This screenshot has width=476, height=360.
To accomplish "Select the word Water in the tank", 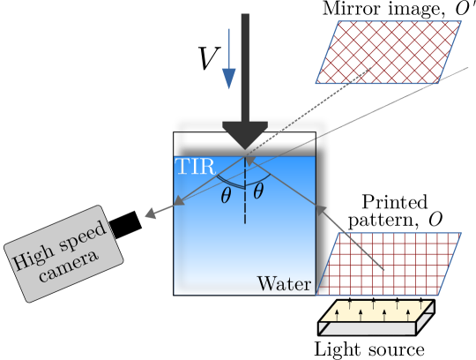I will [x=284, y=284].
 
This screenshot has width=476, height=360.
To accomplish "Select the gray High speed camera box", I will [x=63, y=254].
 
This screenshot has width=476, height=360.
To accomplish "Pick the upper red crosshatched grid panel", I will [x=388, y=52].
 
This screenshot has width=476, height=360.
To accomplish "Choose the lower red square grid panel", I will [x=388, y=264].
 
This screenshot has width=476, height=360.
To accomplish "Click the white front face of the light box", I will [x=367, y=328].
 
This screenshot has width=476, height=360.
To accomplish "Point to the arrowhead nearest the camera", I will [x=151, y=214].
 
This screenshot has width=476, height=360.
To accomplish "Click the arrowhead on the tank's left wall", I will [x=179, y=202].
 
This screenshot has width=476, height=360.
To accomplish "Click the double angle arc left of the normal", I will [x=227, y=181].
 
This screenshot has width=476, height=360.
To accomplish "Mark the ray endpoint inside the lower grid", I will [x=385, y=268].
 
